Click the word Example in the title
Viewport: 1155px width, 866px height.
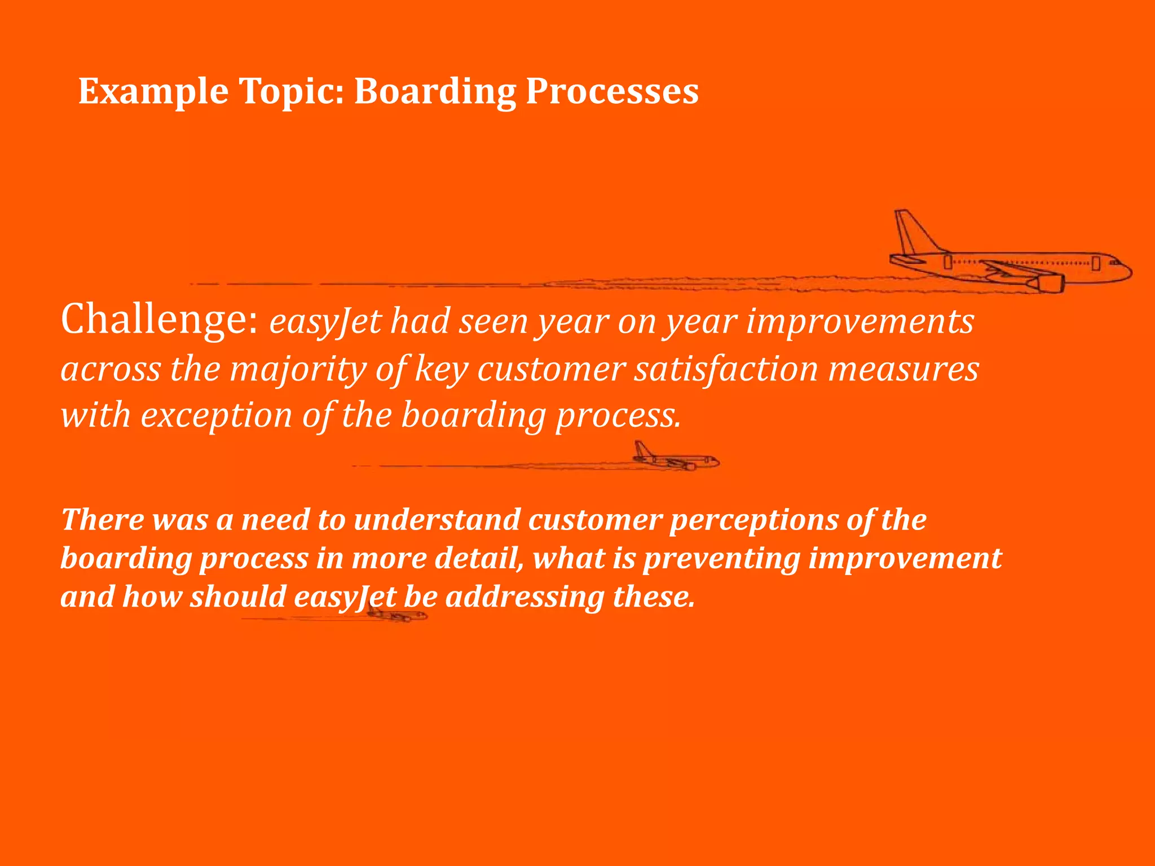[x=153, y=91]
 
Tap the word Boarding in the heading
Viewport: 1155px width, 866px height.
[x=435, y=91]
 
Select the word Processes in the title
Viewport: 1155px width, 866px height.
[x=612, y=91]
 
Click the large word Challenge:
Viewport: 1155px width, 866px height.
[x=160, y=320]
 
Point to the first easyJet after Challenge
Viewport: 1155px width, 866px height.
[x=325, y=321]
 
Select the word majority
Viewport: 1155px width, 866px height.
[x=297, y=369]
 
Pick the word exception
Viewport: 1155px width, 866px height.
[x=217, y=416]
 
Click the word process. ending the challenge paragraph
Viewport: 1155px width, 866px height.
[x=619, y=416]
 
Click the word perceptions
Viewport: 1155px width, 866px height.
[x=753, y=519]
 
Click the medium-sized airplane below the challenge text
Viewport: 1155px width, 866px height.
[x=677, y=458]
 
